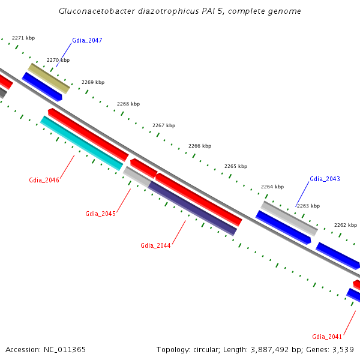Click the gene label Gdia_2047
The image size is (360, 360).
point(87,40)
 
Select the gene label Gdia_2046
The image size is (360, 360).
point(44,180)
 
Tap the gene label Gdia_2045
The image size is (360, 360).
point(100,214)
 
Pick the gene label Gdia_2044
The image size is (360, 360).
point(155,245)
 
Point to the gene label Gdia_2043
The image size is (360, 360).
point(325,179)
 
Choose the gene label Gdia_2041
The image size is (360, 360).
point(327,336)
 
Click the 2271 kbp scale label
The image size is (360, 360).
point(23,38)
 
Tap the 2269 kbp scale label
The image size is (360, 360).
point(93,82)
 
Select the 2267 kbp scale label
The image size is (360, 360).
point(164,125)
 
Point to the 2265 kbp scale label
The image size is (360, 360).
point(236,166)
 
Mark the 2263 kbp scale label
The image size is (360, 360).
point(308,206)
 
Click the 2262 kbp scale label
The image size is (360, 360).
point(345,225)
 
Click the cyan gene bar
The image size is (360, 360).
point(82,143)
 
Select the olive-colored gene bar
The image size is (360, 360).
point(49,78)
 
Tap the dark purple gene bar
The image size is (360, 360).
point(193,208)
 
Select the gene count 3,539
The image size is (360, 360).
point(343,349)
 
